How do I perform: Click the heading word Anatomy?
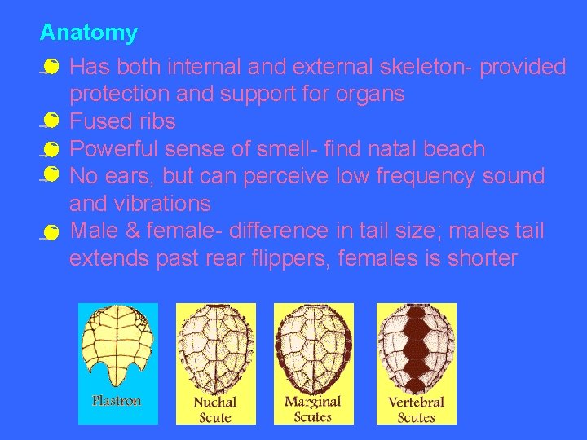pyautogui.click(x=88, y=33)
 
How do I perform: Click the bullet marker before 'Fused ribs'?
pyautogui.click(x=50, y=121)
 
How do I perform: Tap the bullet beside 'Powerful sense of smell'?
pyautogui.click(x=50, y=149)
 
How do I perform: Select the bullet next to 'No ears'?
pyautogui.click(x=50, y=174)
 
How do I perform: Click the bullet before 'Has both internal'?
pyautogui.click(x=50, y=66)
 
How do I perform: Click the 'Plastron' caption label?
pyautogui.click(x=116, y=401)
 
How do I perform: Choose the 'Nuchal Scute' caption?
pyautogui.click(x=215, y=409)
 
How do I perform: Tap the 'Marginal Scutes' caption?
pyautogui.click(x=313, y=409)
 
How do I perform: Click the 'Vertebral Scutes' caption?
pyautogui.click(x=416, y=409)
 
